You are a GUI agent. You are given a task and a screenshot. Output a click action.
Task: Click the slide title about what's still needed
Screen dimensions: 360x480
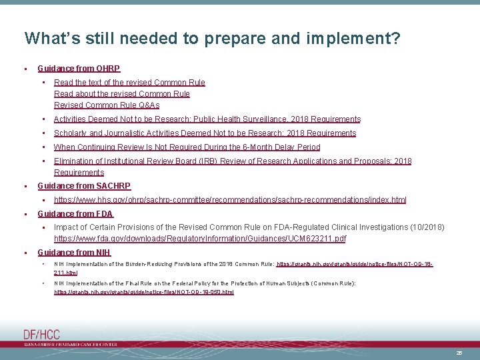[212, 38]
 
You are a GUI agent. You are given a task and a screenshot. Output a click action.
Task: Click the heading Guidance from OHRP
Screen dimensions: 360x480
[79, 68]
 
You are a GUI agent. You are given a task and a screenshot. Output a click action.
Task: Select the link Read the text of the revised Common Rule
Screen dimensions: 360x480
[129, 83]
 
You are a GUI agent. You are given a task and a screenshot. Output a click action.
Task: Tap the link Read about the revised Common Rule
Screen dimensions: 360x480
[121, 94]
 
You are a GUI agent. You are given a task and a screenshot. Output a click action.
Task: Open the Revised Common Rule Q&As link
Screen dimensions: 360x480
[107, 105]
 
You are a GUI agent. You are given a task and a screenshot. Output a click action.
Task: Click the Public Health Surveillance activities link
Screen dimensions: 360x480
[207, 119]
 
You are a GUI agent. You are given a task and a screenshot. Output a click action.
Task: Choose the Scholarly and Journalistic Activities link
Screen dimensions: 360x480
[205, 133]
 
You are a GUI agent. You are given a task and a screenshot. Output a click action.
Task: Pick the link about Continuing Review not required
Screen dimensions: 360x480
[187, 147]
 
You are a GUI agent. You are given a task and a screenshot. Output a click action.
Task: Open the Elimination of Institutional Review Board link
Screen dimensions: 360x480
[233, 161]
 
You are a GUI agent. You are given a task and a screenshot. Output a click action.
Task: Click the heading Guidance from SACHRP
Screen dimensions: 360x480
[84, 186]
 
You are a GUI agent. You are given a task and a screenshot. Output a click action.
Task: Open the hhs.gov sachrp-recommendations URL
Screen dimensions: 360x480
[230, 200]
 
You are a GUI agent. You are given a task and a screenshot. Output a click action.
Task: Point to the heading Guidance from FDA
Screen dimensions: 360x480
[75, 214]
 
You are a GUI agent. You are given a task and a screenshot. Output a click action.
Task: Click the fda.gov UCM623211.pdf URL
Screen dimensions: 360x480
[200, 239]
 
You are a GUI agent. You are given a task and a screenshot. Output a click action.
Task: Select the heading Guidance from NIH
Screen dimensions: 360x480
[74, 253]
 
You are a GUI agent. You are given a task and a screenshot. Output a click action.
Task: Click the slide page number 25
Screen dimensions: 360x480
[459, 352]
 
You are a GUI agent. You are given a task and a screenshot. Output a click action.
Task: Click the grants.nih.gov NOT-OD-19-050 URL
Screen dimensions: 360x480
[144, 292]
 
